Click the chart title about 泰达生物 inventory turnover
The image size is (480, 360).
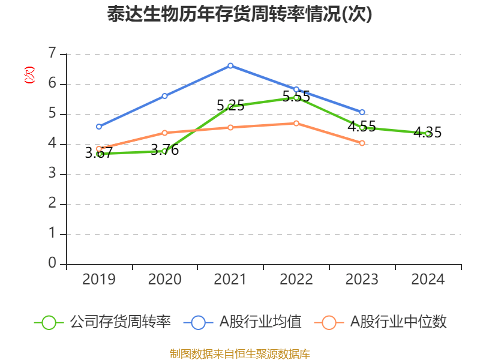239,14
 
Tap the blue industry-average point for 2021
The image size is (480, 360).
230,65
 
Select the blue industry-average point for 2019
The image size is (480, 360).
99,127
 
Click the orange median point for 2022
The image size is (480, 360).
296,123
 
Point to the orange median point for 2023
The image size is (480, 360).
362,143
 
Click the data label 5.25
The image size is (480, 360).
230,106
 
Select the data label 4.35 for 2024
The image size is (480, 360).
428,133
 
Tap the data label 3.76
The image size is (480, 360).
164,150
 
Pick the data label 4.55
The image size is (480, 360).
362,127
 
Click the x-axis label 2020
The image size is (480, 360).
164,279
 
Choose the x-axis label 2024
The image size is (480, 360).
428,279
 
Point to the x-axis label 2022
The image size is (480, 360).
296,279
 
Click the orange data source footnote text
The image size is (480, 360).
239,353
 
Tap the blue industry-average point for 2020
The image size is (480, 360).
164,96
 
